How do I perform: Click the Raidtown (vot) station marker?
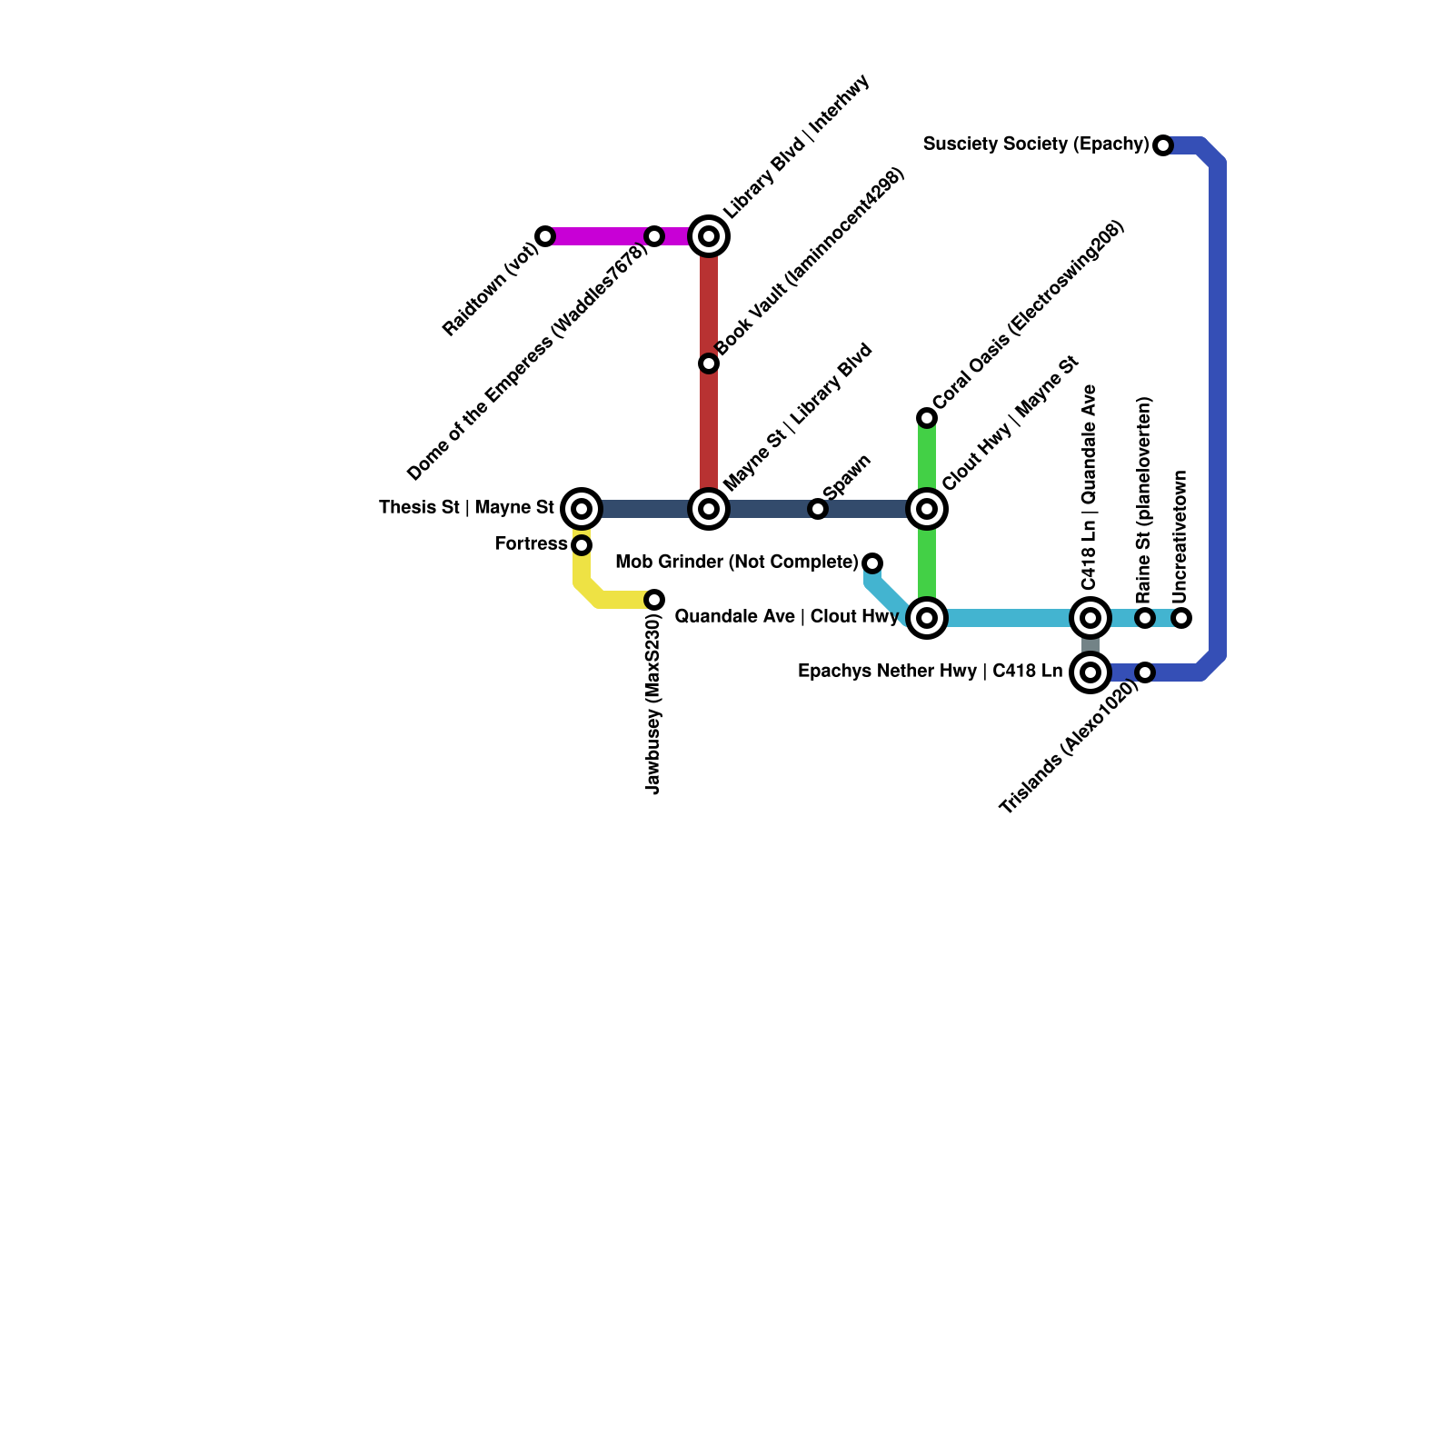(545, 236)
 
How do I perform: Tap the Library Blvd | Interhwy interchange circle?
(709, 236)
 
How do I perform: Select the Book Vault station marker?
(709, 363)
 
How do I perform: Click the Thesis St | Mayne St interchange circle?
(582, 509)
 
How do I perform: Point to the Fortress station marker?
(582, 545)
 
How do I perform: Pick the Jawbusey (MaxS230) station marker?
(654, 600)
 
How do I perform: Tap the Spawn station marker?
(818, 509)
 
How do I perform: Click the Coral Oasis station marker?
(927, 418)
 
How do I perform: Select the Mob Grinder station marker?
(872, 563)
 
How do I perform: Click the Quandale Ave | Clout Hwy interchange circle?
(927, 618)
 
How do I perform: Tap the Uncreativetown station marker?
(1181, 618)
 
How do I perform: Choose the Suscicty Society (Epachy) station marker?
(1163, 145)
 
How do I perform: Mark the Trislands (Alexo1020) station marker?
(1145, 672)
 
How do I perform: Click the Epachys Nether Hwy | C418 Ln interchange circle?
(1090, 672)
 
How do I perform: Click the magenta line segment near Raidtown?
(600, 236)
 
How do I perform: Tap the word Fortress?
(531, 544)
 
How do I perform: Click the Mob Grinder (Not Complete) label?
(736, 563)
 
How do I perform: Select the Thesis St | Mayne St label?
(466, 508)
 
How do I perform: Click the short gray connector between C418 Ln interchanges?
(1090, 646)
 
